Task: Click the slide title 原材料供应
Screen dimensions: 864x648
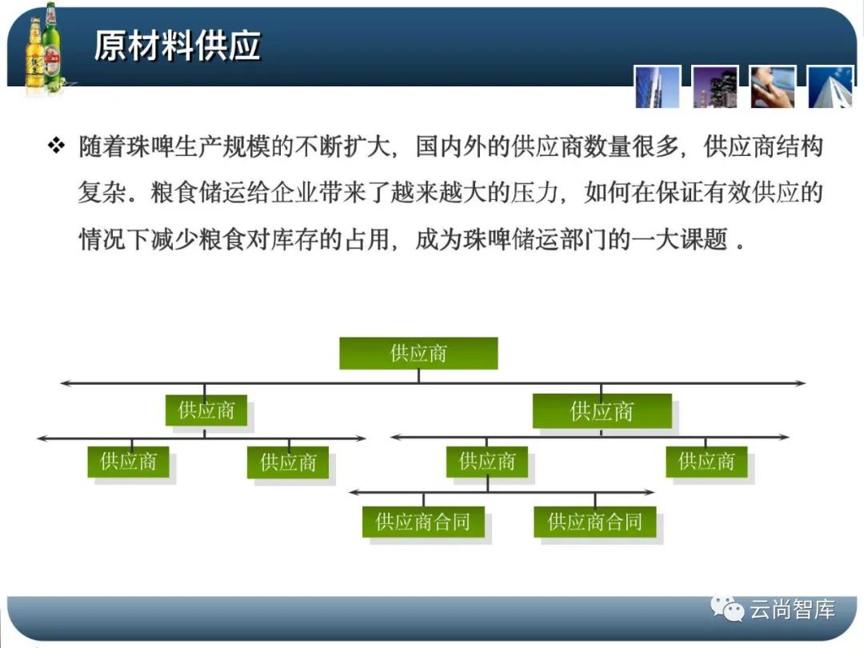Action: (177, 45)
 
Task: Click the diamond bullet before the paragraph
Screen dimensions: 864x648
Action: (56, 146)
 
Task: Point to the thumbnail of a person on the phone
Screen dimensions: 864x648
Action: (773, 86)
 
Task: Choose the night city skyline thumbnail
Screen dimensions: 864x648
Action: (715, 86)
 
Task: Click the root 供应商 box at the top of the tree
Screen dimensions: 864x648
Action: (418, 354)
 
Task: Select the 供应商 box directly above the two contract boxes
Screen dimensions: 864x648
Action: (487, 462)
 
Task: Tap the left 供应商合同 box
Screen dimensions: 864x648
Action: (423, 522)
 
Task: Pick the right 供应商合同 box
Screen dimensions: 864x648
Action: (595, 522)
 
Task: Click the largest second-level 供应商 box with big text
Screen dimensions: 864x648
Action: (602, 411)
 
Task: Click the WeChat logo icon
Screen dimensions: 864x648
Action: (726, 608)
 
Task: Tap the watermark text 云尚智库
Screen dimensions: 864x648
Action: (792, 610)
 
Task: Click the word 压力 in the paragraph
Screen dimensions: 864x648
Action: (534, 193)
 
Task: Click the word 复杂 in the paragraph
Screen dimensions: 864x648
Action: (102, 193)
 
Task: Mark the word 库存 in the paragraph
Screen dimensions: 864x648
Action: (294, 240)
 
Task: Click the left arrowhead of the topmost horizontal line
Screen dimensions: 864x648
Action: (65, 383)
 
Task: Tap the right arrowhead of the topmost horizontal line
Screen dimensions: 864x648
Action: (801, 383)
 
